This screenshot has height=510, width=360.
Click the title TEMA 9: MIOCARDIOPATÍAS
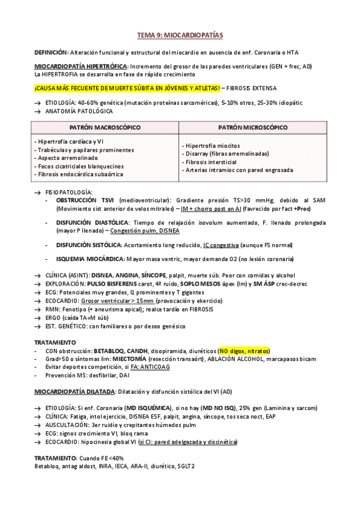pyautogui.click(x=180, y=35)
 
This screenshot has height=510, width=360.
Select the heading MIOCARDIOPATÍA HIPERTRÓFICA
pyautogui.click(x=81, y=66)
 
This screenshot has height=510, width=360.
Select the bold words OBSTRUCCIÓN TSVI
pyautogui.click(x=86, y=199)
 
